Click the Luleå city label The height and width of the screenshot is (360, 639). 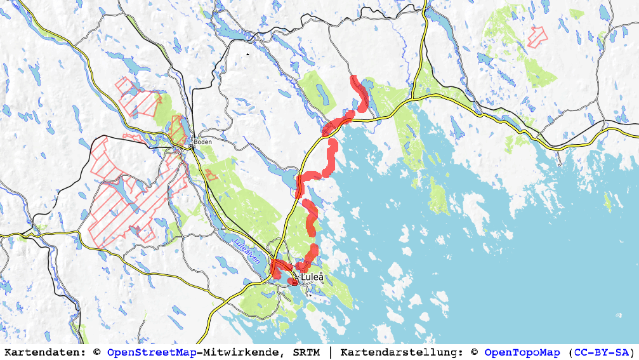coord(312,277)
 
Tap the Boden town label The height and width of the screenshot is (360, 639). coord(203,142)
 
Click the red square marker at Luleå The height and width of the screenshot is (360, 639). coord(294,283)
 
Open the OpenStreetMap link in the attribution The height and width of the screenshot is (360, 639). coord(152,352)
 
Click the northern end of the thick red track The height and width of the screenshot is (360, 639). coord(354,78)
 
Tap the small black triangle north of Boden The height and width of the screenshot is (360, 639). coord(248,55)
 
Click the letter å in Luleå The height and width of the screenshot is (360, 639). coord(321,277)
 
